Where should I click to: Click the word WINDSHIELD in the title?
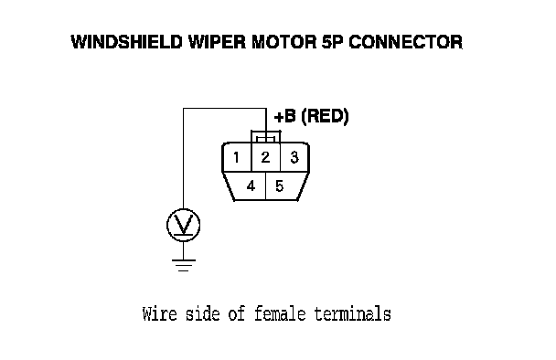pyautogui.click(x=127, y=42)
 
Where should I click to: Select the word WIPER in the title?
pyautogui.click(x=217, y=42)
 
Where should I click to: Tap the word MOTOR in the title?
pyautogui.click(x=283, y=42)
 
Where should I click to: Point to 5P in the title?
pyautogui.click(x=333, y=42)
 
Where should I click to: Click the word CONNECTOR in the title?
pyautogui.click(x=406, y=42)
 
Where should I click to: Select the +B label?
pyautogui.click(x=284, y=116)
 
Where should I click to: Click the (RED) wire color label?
pyautogui.click(x=325, y=116)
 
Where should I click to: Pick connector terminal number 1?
pyautogui.click(x=237, y=157)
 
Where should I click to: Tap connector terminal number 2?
pyautogui.click(x=265, y=157)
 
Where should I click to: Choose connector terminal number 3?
pyautogui.click(x=294, y=157)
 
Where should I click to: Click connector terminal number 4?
pyautogui.click(x=251, y=186)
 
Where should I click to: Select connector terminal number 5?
pyautogui.click(x=280, y=186)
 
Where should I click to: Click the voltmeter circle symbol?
pyautogui.click(x=183, y=226)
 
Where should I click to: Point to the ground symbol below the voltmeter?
pyautogui.click(x=183, y=265)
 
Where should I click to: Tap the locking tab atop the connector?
pyautogui.click(x=266, y=137)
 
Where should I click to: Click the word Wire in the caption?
pyautogui.click(x=159, y=314)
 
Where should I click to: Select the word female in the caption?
pyautogui.click(x=280, y=314)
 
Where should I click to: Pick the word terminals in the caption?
pyautogui.click(x=353, y=314)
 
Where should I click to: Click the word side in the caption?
pyautogui.click(x=202, y=314)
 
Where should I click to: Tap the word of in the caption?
pyautogui.click(x=237, y=314)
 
